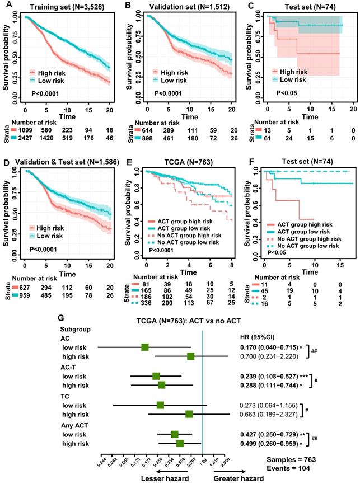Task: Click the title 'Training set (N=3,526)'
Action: (62, 6)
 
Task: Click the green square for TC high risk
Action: (189, 413)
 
